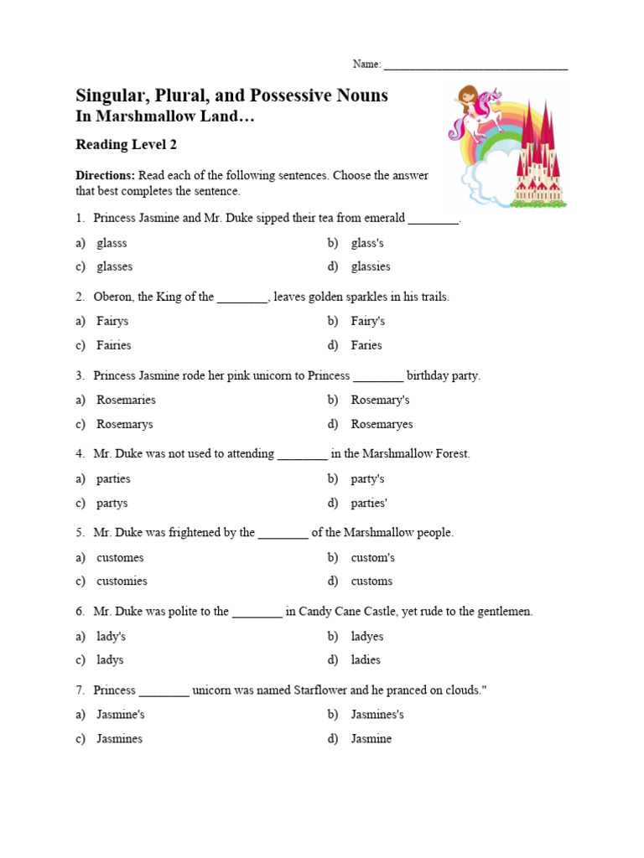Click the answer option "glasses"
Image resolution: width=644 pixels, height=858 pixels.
click(x=114, y=266)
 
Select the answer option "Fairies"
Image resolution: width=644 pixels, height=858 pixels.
click(x=113, y=345)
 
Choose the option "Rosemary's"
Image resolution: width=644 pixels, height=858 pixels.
click(x=380, y=400)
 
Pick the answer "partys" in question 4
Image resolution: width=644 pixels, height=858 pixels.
click(x=112, y=503)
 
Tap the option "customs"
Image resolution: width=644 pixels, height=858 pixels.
click(x=371, y=581)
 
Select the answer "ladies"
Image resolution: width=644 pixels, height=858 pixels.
click(x=366, y=659)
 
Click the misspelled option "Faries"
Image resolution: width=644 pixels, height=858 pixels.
click(x=366, y=345)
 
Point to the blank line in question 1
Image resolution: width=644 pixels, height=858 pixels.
click(x=434, y=220)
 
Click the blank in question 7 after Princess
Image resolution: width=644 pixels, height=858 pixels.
click(x=164, y=692)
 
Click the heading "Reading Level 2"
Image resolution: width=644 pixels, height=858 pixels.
click(x=126, y=145)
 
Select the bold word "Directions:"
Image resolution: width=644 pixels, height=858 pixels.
click(x=105, y=175)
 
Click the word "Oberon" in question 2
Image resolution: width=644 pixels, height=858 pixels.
click(x=114, y=297)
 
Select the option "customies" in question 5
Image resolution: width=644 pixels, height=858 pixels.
click(x=122, y=581)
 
